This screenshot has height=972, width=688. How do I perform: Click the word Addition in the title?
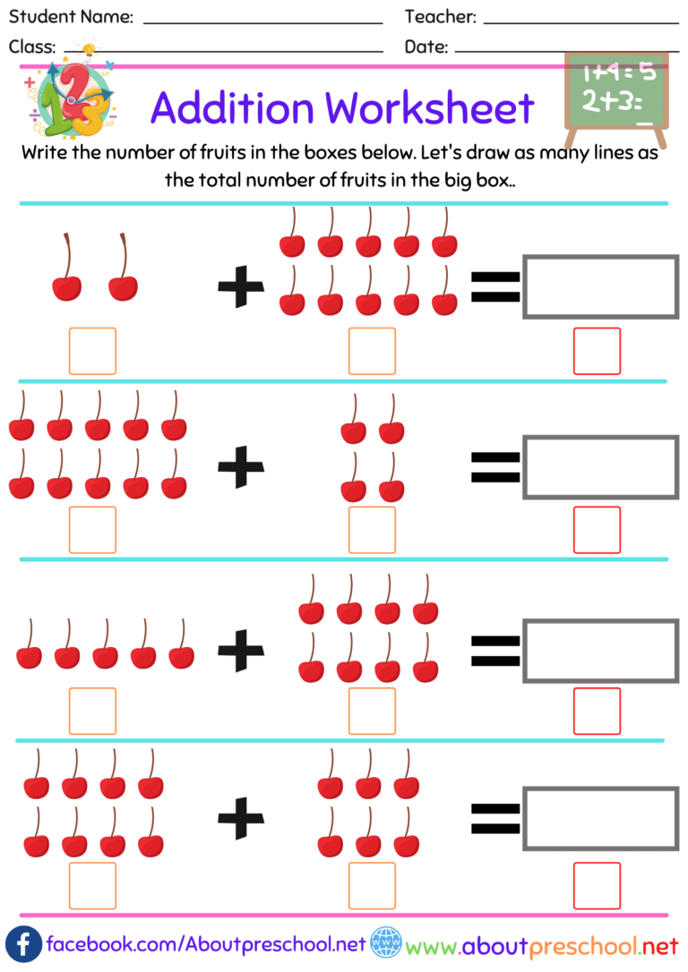pos(232,108)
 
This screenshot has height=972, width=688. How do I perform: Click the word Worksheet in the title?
pos(428,108)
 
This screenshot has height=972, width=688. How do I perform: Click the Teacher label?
pos(440,17)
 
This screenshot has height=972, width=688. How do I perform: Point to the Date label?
pos(426,47)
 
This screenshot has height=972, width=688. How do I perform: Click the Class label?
pos(32,47)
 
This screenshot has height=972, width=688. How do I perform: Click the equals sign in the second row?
pos(495,466)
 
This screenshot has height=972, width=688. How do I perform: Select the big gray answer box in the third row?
pos(600,651)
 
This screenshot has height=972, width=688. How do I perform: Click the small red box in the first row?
pos(597,351)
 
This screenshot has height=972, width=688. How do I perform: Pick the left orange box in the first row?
pos(92,351)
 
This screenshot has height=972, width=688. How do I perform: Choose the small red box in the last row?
pos(597,885)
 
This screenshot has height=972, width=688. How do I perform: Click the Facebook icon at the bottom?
pos(23,945)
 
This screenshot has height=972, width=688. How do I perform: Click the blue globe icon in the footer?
pos(385,944)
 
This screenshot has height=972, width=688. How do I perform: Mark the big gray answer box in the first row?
pos(600,286)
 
